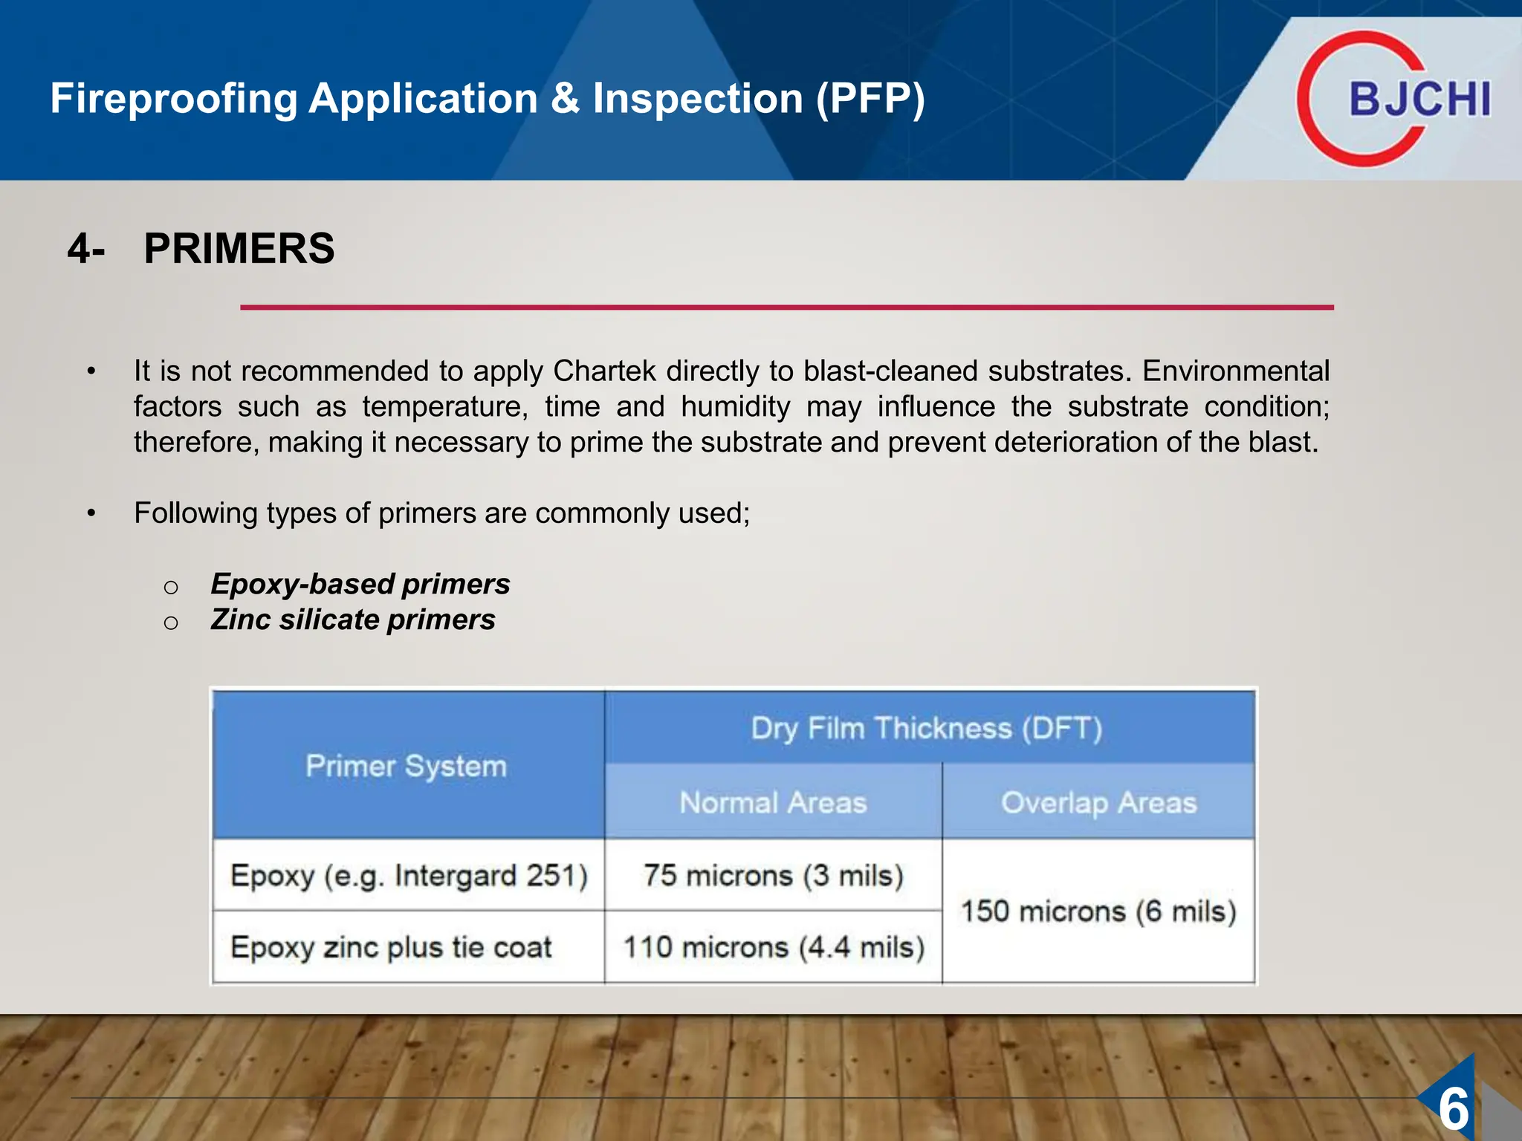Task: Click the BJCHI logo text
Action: pyautogui.click(x=1419, y=100)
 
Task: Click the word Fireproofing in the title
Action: pyautogui.click(x=174, y=99)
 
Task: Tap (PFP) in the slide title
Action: pyautogui.click(x=870, y=99)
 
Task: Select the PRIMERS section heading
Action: pyautogui.click(x=239, y=248)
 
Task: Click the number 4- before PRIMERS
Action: pyautogui.click(x=86, y=249)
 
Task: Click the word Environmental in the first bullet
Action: pyautogui.click(x=1235, y=371)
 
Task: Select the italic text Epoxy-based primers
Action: pyautogui.click(x=360, y=584)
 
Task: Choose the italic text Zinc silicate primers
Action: pyautogui.click(x=353, y=620)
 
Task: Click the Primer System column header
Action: pyautogui.click(x=407, y=766)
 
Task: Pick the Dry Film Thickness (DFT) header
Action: pyautogui.click(x=926, y=728)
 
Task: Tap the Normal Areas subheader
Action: pyautogui.click(x=773, y=803)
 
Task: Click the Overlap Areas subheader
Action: pyautogui.click(x=1098, y=803)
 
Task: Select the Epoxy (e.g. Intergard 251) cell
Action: pyautogui.click(x=409, y=876)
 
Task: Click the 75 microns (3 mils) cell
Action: pyautogui.click(x=773, y=876)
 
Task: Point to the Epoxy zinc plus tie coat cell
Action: pyautogui.click(x=391, y=948)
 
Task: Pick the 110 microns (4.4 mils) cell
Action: pyautogui.click(x=773, y=948)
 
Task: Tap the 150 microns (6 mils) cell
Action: pyautogui.click(x=1098, y=911)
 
